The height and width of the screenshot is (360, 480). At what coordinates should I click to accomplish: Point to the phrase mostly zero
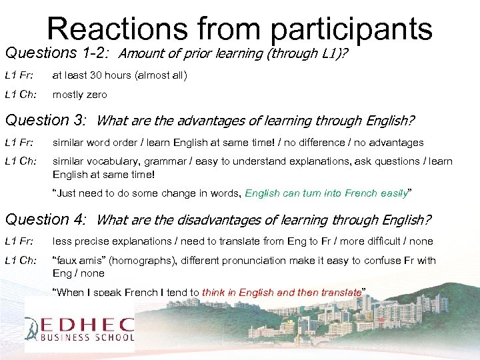point(79,95)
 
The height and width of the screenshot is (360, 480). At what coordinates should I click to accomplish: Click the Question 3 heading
point(45,121)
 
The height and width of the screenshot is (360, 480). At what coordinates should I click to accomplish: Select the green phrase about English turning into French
point(326,193)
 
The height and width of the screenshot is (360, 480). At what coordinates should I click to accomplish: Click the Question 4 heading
point(45,219)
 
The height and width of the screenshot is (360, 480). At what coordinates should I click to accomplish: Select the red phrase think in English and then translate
point(281,292)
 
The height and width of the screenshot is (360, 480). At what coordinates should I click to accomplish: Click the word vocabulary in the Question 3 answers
point(109,161)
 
